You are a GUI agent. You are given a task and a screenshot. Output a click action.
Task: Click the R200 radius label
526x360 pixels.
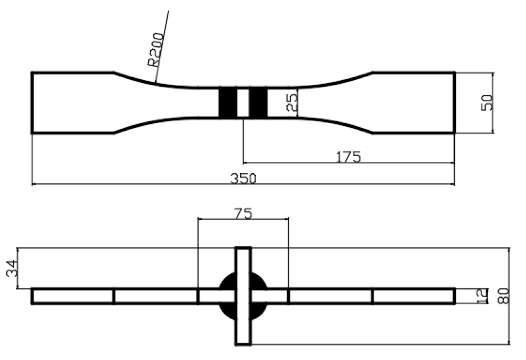tap(156, 50)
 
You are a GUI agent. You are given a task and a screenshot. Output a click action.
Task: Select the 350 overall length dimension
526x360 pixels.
tap(243, 179)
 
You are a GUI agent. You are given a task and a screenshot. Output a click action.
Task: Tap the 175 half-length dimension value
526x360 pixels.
tap(348, 157)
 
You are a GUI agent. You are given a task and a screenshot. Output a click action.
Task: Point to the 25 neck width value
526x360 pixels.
tap(293, 103)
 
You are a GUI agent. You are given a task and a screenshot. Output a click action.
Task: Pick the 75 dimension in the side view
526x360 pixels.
tap(243, 214)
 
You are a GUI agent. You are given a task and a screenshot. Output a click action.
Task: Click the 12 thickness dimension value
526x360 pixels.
tap(482, 296)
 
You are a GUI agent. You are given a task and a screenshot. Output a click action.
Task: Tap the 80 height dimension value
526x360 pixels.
tap(504, 296)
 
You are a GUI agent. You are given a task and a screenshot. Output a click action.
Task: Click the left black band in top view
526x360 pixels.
tap(228, 103)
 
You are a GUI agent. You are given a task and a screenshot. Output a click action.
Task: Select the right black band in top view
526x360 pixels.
tap(258, 103)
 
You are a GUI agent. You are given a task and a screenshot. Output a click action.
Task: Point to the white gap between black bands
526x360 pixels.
tap(243, 103)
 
